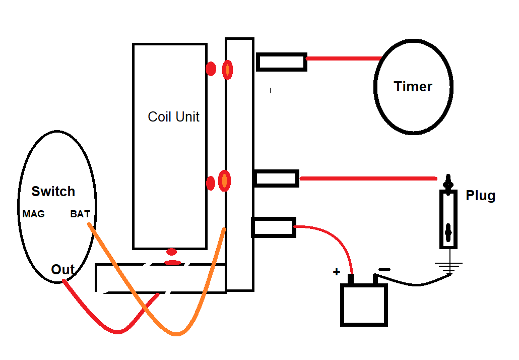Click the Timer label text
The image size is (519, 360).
(x=413, y=87)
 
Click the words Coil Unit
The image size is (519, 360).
(x=173, y=117)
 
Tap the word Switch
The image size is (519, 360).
(x=53, y=192)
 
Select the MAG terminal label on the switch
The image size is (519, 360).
(x=33, y=214)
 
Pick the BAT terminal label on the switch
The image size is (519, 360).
(x=80, y=214)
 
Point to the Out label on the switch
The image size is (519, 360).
(x=63, y=270)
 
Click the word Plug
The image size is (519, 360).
(x=480, y=195)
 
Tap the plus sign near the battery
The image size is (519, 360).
(x=336, y=272)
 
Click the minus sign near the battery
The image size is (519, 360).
(x=384, y=270)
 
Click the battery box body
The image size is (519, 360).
(x=364, y=305)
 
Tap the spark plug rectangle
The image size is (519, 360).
(x=448, y=219)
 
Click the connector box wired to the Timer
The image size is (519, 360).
(x=281, y=62)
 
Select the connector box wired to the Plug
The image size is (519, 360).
(x=277, y=178)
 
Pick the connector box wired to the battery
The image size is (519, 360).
(x=273, y=227)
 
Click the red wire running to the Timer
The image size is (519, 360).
(x=343, y=58)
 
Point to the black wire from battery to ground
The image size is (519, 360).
(x=413, y=283)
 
